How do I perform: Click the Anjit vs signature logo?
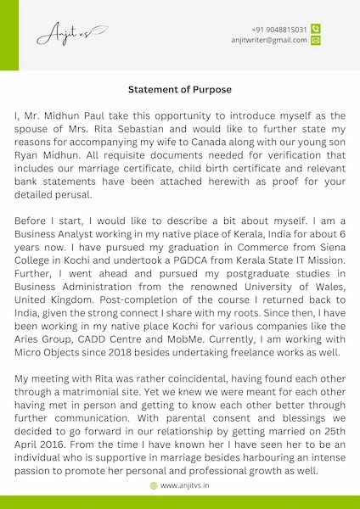point(71,35)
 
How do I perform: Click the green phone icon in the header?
point(316,29)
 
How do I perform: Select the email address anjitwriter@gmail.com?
point(269,40)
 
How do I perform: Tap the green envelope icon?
point(316,40)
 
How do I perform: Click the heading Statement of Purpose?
point(179,89)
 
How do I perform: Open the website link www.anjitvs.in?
point(185,486)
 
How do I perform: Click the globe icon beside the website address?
point(154,486)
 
